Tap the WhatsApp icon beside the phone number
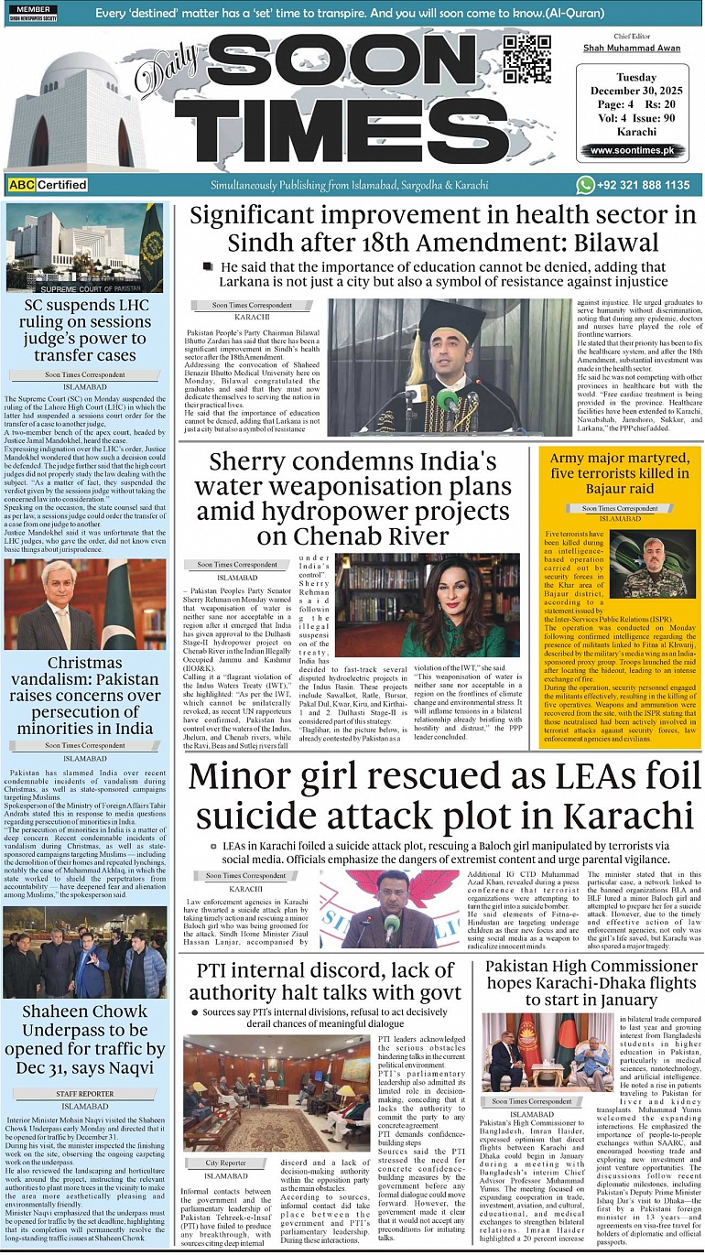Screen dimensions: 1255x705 tap(586, 185)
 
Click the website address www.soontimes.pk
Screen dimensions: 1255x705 tap(632, 150)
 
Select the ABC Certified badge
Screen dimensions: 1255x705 tap(48, 185)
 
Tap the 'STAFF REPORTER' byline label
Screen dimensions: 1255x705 tap(85, 1094)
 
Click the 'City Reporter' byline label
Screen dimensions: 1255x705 tap(225, 1163)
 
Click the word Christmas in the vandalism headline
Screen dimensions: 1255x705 tap(85, 663)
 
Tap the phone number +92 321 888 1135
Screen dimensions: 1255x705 tap(645, 185)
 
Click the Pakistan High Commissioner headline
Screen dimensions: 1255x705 tap(591, 982)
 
